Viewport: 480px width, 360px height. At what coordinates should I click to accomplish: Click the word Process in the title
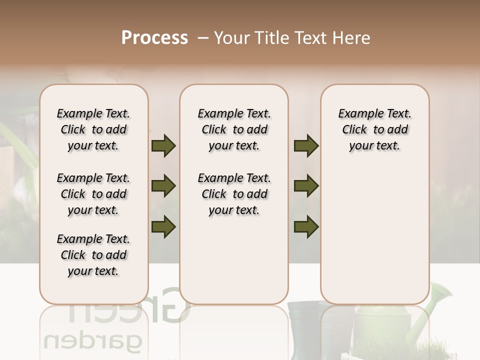coord(154,38)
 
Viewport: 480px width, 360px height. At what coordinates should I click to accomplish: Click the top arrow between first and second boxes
coord(163,146)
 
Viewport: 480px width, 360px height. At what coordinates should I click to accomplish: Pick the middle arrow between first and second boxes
coord(163,186)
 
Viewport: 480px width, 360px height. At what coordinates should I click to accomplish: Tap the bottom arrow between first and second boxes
coord(163,226)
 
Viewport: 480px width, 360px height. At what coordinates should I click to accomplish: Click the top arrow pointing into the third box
coord(306,146)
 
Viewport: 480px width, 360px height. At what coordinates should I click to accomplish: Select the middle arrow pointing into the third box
coord(306,186)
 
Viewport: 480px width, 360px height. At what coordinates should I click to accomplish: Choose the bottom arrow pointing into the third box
coord(306,226)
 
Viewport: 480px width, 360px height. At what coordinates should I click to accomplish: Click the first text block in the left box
coord(93,129)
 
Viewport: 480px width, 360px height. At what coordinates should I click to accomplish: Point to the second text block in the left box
coord(93,194)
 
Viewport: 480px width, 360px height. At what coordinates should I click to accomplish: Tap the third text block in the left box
coord(93,255)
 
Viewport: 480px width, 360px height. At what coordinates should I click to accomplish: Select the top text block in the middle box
coord(234,129)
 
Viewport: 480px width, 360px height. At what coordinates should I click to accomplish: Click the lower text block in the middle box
coord(234,194)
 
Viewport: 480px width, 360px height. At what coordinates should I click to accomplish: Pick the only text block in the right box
coord(374,129)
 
